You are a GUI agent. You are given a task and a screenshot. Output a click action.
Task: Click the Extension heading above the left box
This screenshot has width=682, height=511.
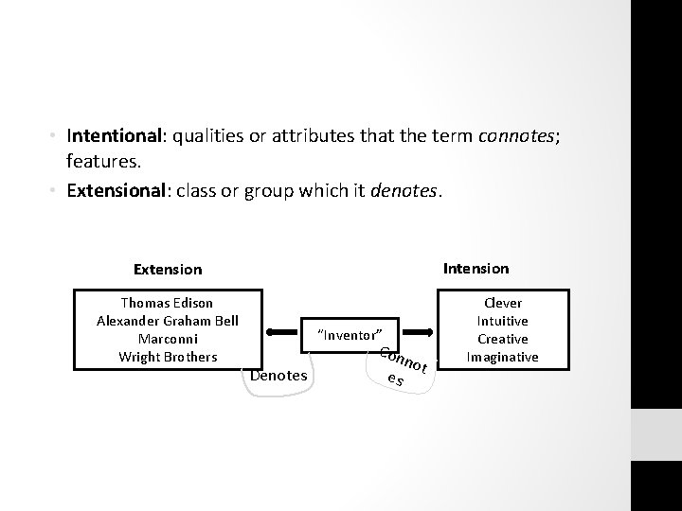(x=168, y=270)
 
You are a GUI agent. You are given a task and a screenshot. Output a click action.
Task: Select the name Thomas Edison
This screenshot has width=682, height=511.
(x=168, y=303)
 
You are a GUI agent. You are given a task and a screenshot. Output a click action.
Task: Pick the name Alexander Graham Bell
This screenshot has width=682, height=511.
(x=168, y=321)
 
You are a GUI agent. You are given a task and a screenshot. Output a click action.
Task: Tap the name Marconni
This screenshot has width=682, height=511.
(x=168, y=339)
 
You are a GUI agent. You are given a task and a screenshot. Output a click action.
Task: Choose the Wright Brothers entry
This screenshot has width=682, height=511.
(x=168, y=357)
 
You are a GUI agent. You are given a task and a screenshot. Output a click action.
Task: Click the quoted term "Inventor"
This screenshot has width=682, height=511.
(x=350, y=335)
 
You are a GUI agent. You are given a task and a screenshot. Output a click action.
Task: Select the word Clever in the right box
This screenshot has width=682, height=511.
(x=503, y=303)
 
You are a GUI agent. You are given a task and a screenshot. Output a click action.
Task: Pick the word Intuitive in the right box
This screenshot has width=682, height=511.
(x=503, y=321)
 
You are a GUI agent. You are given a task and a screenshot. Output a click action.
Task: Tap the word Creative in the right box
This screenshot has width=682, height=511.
(x=503, y=339)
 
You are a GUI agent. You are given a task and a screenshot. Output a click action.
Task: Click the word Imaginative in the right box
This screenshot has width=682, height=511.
(x=503, y=357)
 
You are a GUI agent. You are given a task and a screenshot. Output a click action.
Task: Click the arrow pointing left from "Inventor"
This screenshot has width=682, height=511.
(x=283, y=333)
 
